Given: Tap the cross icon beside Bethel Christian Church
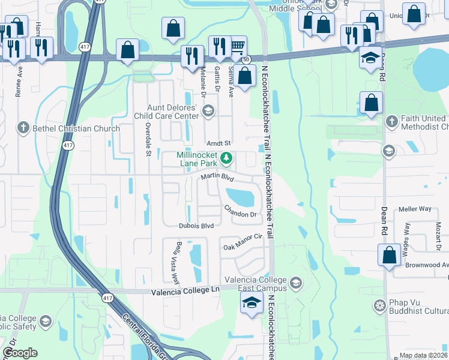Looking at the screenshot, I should pos(23,128).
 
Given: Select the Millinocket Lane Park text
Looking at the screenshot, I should pos(197,158).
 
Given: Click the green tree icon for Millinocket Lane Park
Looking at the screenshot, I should pos(226,158).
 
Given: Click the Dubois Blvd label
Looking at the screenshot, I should pos(196,226).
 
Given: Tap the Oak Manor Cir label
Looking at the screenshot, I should pos(244,242).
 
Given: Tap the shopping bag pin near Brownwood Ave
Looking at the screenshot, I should pos(390,255).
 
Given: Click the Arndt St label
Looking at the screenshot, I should pos(218,143).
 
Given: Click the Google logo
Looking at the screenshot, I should pos(20,353).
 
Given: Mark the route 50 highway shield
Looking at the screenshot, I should pos(246,59).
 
